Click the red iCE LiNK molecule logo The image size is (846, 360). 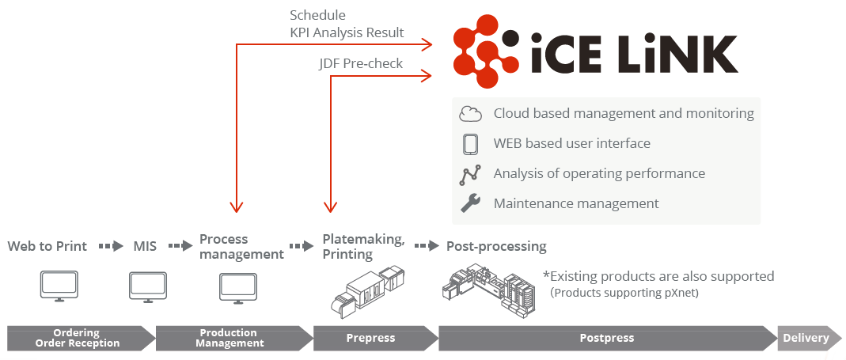tap(487, 51)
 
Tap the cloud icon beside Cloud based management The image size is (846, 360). tap(470, 114)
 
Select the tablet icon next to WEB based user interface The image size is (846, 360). tap(470, 143)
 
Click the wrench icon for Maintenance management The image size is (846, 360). tap(470, 203)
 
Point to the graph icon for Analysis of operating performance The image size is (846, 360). tap(470, 174)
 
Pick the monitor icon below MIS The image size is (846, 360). tap(147, 286)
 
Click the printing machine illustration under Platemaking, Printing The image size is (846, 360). tap(367, 290)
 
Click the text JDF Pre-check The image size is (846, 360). tap(360, 63)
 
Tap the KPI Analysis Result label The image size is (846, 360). tap(347, 32)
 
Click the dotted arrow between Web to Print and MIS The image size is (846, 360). tap(111, 246)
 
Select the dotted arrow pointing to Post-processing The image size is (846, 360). tap(427, 246)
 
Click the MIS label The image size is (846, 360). tap(145, 247)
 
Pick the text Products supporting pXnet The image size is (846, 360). tap(624, 293)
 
